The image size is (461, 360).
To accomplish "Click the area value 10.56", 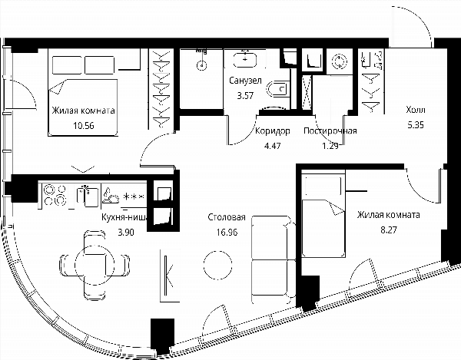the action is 84,126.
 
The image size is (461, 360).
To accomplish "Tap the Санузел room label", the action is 245,80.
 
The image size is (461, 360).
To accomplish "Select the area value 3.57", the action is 245,95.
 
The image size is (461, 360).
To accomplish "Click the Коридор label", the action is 272,131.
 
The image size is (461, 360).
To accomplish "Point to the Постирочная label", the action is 330,130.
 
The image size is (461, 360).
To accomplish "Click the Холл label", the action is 416,110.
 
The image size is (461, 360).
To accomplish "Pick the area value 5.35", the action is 416,125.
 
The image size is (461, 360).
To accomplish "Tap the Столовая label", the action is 227,217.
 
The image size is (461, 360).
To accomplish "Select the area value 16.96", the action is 227,233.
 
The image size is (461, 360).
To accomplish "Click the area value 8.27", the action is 388,230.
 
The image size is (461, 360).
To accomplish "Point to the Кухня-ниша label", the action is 125,217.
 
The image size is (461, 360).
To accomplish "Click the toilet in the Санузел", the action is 277,89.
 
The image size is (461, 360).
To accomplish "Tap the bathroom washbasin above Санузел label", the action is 245,60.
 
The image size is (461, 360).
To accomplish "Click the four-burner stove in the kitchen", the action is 55,195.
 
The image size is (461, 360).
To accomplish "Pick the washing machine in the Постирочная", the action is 339,61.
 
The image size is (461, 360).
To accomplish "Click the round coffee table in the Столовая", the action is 217,265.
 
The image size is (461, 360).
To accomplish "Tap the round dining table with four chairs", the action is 95,265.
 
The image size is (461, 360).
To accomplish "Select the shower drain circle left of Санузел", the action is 201,65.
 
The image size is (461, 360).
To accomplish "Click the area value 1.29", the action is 330,146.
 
